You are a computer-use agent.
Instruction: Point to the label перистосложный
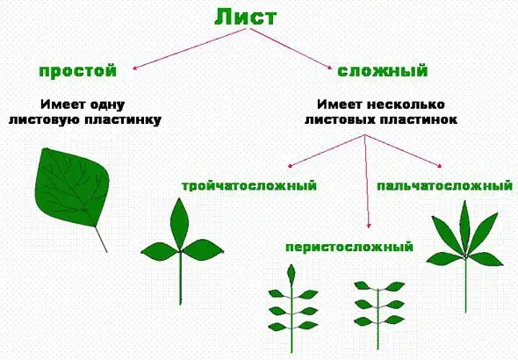click(349, 247)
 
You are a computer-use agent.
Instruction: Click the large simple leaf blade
click(70, 184)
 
